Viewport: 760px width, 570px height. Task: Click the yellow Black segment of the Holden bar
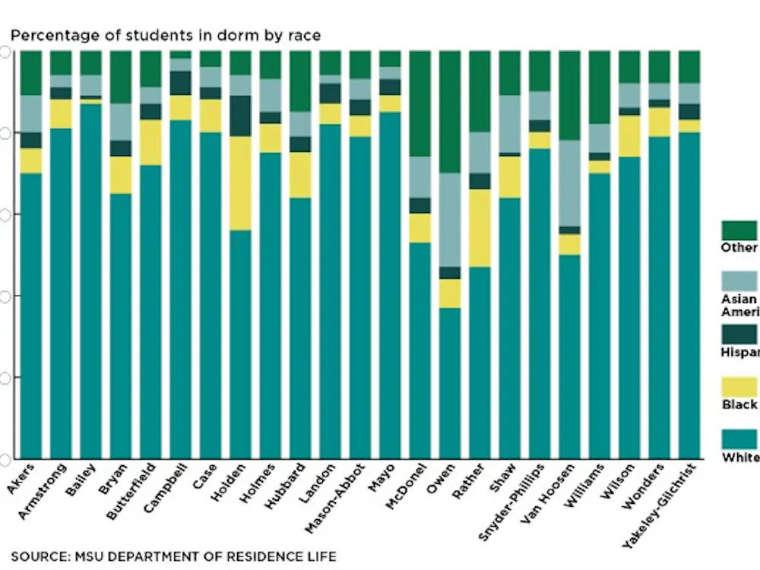[240, 183]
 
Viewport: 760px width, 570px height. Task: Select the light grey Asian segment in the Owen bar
[450, 220]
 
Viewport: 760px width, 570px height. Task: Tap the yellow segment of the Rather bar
[480, 228]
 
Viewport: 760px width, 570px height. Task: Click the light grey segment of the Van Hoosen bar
[569, 183]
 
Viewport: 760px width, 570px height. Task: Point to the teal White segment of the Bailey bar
[90, 281]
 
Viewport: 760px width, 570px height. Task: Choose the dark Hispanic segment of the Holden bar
[240, 116]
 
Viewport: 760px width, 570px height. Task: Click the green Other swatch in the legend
[739, 230]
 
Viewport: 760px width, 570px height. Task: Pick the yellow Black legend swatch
[739, 387]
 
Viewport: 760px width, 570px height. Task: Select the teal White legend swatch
[739, 439]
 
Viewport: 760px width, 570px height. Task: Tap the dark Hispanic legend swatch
[739, 334]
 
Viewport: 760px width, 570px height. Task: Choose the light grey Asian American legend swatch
[739, 282]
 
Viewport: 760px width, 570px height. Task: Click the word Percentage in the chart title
[46, 35]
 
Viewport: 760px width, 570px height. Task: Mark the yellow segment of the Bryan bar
[121, 175]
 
